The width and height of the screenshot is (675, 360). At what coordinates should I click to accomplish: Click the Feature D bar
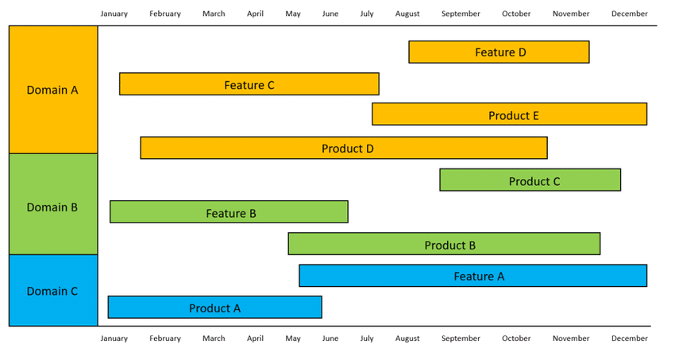tap(499, 52)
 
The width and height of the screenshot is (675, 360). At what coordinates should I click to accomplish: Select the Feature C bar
tap(249, 84)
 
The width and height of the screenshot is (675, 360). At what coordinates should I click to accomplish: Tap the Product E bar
tap(509, 114)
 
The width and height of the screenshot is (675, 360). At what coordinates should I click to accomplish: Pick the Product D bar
tap(344, 148)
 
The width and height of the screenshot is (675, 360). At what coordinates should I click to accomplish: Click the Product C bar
tap(530, 180)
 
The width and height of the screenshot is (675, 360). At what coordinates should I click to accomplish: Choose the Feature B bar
tap(229, 211)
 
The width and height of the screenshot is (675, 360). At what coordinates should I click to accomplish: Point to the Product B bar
tap(444, 244)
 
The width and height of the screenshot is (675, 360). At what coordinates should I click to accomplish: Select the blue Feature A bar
tap(473, 276)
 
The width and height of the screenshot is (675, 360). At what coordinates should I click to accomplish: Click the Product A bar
tap(215, 307)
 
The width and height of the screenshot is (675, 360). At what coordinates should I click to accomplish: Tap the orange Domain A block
tap(53, 90)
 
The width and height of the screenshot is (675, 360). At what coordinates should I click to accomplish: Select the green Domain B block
tap(53, 204)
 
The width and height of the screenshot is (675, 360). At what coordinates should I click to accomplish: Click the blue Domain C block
tap(53, 290)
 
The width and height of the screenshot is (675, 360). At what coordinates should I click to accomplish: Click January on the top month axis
tap(114, 14)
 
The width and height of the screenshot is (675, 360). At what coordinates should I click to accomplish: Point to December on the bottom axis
tap(630, 339)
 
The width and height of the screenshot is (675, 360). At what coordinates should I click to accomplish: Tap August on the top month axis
tap(407, 14)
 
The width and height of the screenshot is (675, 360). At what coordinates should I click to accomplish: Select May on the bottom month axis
tap(293, 339)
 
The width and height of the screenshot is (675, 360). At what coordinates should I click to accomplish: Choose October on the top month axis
tap(516, 14)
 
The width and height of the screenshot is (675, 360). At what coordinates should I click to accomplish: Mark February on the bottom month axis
tap(165, 339)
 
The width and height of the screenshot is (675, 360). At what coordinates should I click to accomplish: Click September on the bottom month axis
tap(461, 339)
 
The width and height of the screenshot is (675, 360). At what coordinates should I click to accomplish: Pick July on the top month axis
tap(367, 14)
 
